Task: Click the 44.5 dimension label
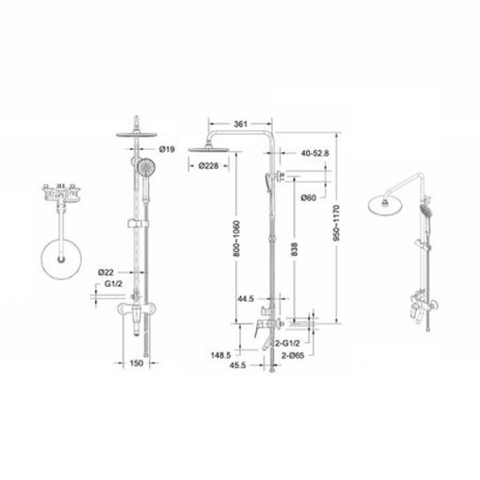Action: point(247,297)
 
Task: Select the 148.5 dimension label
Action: point(221,355)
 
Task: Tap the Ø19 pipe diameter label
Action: point(167,149)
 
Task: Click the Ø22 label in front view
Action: point(106,272)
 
